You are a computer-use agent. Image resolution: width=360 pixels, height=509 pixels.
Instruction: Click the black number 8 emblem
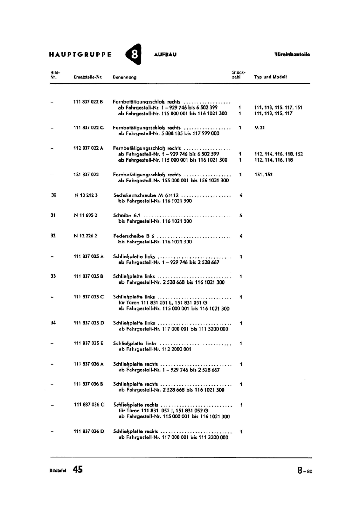134,54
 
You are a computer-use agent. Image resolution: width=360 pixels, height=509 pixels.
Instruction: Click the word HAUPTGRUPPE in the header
80,54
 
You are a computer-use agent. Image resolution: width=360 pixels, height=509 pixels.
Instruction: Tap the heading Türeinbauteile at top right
292,54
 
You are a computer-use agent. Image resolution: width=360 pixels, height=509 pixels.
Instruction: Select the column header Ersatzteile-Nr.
88,77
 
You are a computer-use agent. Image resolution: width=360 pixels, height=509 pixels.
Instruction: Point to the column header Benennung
124,77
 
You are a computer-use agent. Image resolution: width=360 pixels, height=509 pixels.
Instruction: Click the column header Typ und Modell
270,77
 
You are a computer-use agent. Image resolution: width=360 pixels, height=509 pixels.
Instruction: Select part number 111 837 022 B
88,102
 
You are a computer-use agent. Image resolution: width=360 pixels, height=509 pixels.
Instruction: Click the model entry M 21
260,128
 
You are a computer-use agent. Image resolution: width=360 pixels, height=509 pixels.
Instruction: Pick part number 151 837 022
86,174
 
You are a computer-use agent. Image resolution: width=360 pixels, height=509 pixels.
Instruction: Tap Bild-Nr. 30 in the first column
53,195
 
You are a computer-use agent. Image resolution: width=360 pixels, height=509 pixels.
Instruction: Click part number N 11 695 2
86,215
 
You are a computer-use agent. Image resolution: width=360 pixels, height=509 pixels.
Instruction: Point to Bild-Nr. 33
53,276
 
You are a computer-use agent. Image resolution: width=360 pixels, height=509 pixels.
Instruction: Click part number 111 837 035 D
89,323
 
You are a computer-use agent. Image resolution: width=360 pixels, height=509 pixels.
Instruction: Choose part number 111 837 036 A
89,364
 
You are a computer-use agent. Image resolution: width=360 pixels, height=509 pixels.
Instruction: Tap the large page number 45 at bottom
78,470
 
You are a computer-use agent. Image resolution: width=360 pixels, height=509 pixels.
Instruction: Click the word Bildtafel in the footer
58,471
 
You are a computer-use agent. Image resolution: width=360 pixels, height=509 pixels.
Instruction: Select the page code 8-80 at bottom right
305,471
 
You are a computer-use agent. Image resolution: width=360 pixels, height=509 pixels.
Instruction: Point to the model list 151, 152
263,174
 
